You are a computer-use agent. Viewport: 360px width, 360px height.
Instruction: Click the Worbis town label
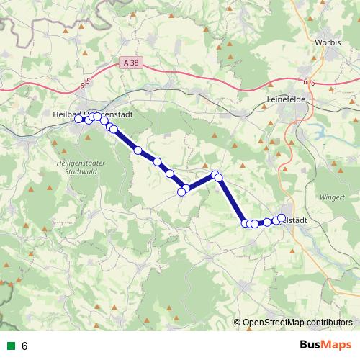coord(327,42)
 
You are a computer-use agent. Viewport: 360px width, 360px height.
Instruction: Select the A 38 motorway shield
coord(131,63)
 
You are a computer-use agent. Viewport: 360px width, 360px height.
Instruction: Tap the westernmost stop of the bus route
coord(79,119)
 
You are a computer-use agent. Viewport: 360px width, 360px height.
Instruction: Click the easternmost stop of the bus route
coord(282,217)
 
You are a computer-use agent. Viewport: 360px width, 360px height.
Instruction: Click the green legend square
coord(10,346)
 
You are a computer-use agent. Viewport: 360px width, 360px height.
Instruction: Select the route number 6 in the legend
coord(25,346)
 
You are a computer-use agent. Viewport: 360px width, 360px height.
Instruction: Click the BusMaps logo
coord(325,346)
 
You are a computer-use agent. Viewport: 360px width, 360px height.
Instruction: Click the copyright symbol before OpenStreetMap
coord(238,323)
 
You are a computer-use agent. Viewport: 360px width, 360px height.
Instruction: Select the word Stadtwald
coord(80,173)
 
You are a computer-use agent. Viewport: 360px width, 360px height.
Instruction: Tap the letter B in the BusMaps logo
coord(304,346)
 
